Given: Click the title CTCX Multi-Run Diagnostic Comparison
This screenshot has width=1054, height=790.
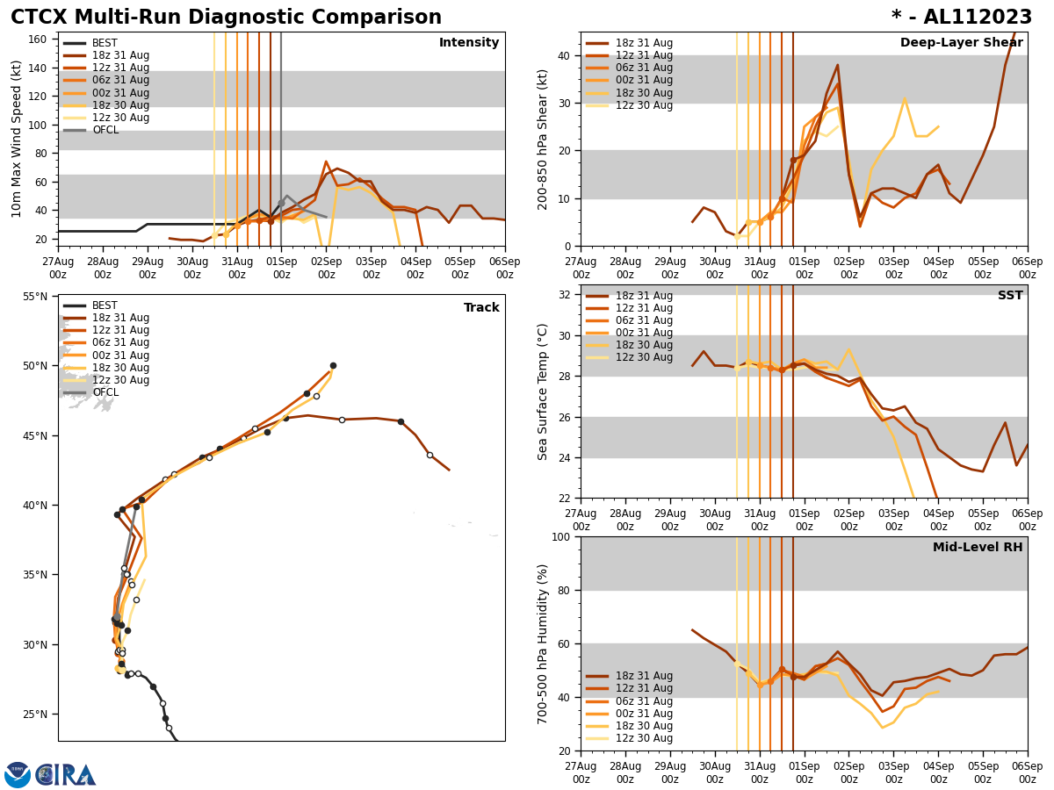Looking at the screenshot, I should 226,18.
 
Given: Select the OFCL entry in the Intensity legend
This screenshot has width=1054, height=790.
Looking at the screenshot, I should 105,130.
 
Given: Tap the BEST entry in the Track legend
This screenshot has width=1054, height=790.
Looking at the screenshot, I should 105,305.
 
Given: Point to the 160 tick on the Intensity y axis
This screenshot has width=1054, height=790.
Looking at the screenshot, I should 39,39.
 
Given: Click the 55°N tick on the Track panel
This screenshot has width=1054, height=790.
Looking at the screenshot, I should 33,297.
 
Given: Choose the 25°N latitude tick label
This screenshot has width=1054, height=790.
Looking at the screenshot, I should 33,715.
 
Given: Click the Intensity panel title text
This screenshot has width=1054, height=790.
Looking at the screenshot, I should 468,43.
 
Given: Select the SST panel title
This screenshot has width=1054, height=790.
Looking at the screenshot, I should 1009,296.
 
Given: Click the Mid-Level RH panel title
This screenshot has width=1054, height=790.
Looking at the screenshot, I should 977,548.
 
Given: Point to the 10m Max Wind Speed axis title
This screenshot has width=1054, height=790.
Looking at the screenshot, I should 17,139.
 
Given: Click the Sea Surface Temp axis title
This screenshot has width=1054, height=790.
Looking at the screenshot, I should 543,391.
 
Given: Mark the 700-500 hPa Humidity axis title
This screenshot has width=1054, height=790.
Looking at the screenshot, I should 543,643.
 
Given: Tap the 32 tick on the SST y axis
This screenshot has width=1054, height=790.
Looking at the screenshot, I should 564,295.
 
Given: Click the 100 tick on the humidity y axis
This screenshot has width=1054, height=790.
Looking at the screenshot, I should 560,537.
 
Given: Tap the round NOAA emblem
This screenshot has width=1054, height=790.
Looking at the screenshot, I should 18,775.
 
